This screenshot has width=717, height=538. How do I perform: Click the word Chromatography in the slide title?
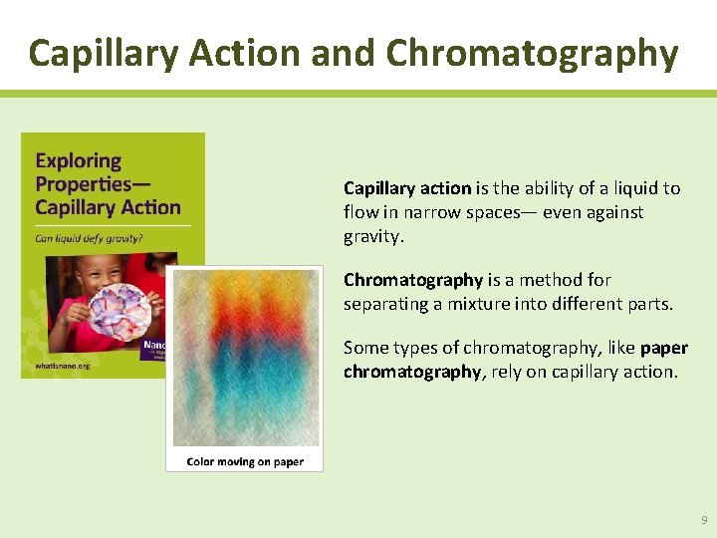[532, 53]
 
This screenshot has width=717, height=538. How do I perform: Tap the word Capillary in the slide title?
[97, 53]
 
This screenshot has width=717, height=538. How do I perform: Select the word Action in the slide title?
[240, 53]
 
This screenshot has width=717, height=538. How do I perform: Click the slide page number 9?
[704, 520]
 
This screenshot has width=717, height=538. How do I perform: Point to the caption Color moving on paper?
[244, 461]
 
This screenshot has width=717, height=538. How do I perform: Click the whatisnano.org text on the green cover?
[62, 367]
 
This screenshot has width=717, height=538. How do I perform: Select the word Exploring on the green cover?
[78, 160]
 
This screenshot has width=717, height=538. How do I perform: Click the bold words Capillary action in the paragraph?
[407, 188]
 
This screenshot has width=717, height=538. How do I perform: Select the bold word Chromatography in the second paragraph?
[413, 280]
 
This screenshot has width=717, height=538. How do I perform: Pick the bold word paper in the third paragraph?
[663, 348]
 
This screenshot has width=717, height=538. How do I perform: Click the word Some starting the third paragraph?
[363, 348]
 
